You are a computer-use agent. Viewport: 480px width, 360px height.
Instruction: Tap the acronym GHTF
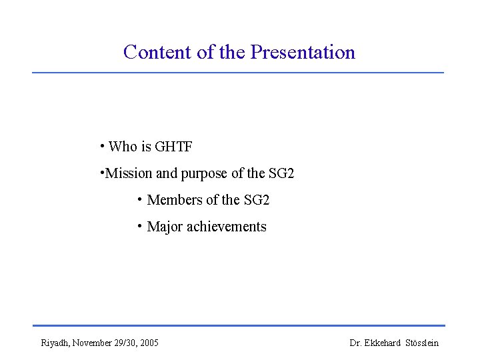pyautogui.click(x=173, y=147)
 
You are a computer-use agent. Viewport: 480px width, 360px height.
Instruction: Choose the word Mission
pyautogui.click(x=129, y=174)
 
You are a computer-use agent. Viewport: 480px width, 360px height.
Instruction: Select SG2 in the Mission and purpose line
pyautogui.click(x=281, y=174)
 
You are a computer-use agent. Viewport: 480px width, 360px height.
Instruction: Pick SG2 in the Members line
pyautogui.click(x=257, y=200)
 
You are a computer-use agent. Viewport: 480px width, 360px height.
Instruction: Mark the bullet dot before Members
pyautogui.click(x=139, y=199)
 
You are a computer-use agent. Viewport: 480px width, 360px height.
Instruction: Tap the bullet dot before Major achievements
pyautogui.click(x=139, y=226)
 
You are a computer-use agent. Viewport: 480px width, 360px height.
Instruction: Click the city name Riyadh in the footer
pyautogui.click(x=54, y=343)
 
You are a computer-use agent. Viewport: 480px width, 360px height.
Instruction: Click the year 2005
pyautogui.click(x=150, y=343)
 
